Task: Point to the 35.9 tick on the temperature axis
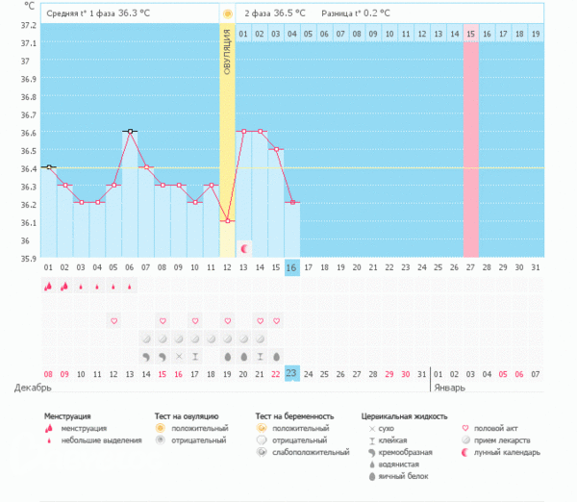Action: (x=26, y=258)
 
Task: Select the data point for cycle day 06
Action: (x=129, y=131)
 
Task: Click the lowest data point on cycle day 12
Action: (x=227, y=221)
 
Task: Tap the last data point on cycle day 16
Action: (x=292, y=203)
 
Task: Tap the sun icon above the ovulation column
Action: (x=227, y=14)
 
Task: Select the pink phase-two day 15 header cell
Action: (x=470, y=34)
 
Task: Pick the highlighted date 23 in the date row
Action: (x=292, y=373)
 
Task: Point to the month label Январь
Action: (x=448, y=389)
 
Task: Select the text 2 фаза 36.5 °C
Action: (x=275, y=13)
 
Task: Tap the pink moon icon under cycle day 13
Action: (x=243, y=248)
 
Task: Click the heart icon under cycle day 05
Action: (x=113, y=320)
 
